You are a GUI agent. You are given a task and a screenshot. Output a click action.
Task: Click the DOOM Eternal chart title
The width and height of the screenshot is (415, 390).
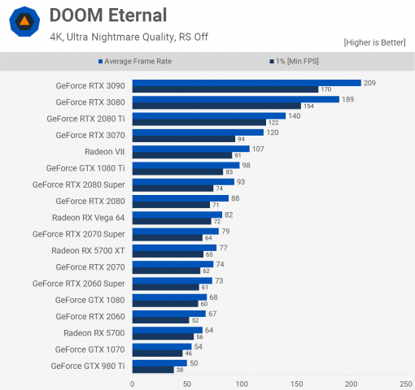(x=107, y=15)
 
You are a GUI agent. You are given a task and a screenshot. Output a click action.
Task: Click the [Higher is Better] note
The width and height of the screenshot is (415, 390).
(x=373, y=42)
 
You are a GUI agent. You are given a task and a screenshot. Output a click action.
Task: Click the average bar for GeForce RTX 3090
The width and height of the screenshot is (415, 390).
(x=246, y=82)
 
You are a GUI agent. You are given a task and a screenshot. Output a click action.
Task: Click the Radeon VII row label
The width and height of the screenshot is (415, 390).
(x=105, y=151)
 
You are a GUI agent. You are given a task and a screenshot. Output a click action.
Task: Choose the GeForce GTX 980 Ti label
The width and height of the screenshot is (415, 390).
(x=88, y=366)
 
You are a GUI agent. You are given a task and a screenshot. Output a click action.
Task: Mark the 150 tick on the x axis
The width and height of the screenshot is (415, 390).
(x=296, y=383)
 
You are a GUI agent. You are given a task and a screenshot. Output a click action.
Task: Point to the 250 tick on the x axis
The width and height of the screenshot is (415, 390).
(x=404, y=383)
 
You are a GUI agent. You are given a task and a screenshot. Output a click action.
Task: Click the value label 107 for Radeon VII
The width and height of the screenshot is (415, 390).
(x=259, y=149)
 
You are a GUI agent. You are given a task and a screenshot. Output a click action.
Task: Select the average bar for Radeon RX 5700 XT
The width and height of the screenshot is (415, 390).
(x=174, y=247)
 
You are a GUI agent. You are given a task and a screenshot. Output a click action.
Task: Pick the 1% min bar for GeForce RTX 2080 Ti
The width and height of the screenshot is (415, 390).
(x=199, y=122)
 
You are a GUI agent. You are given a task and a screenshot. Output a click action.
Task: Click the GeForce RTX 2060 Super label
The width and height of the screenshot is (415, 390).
(x=79, y=283)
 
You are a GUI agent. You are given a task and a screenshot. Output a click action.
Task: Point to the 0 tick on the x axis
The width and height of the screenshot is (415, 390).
(x=133, y=383)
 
